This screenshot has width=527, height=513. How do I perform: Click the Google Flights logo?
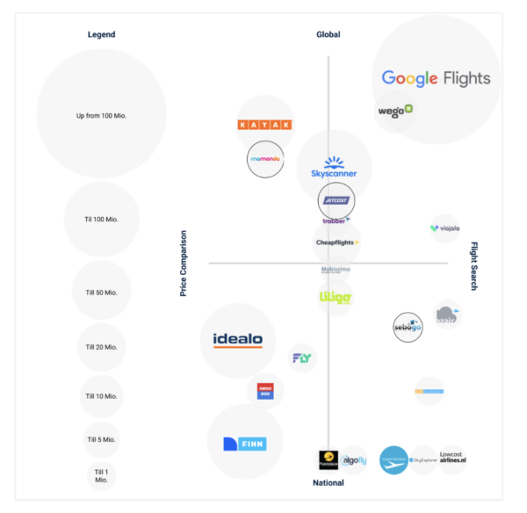coord(436,78)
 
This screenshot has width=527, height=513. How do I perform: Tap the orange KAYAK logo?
coord(265,125)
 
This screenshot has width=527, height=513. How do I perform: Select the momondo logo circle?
coord(266,160)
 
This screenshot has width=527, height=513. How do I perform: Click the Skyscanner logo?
coord(334,168)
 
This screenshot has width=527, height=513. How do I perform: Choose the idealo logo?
coord(237,340)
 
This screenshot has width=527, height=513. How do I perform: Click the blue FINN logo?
coord(245,444)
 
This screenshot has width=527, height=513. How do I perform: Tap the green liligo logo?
coord(336,298)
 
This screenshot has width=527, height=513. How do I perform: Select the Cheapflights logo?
coord(337,242)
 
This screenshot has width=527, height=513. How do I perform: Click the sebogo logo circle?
coord(408,327)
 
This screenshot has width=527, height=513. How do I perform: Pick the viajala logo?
coord(444,228)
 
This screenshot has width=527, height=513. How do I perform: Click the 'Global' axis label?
coord(328,34)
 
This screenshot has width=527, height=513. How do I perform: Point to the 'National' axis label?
coord(328,482)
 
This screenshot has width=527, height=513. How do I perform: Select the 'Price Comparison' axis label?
coord(184,263)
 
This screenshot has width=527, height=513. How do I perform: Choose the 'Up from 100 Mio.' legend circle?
coord(102,115)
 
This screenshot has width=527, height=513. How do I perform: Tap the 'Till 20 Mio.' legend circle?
coord(101,347)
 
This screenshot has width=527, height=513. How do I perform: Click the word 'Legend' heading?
coord(101,34)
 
